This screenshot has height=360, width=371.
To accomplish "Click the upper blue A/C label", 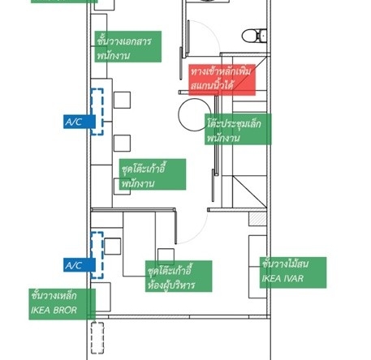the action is click(x=80, y=122).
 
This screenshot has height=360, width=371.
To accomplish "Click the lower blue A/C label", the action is click(x=80, y=265).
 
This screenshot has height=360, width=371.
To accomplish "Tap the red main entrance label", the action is click(x=222, y=79).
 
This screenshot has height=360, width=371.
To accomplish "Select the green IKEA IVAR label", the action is click(x=293, y=272).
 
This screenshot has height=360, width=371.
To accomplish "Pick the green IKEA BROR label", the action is click(x=63, y=304).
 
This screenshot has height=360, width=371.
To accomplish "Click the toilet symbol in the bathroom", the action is click(x=254, y=36).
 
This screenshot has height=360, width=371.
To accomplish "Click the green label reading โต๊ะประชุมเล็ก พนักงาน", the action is click(x=238, y=129).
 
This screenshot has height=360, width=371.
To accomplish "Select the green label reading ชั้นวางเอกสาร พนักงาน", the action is click(x=128, y=46).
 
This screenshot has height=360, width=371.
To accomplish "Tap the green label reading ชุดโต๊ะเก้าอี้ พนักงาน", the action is click(x=153, y=174).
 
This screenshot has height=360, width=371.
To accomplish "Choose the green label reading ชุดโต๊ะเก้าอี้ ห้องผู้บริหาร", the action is click(x=179, y=276).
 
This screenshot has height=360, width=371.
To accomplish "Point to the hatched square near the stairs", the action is click(x=257, y=219).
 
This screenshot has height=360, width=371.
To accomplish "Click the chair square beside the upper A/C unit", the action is click(x=122, y=100).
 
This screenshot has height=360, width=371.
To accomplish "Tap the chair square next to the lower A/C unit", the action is click(x=112, y=246).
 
